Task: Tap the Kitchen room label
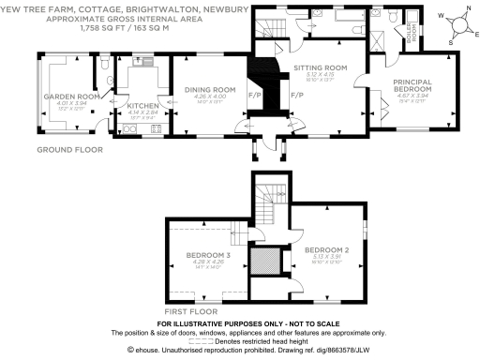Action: (138, 106)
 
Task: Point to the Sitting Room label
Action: (321, 68)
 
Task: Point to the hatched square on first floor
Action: (265, 259)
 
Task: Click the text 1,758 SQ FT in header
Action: (102, 29)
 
